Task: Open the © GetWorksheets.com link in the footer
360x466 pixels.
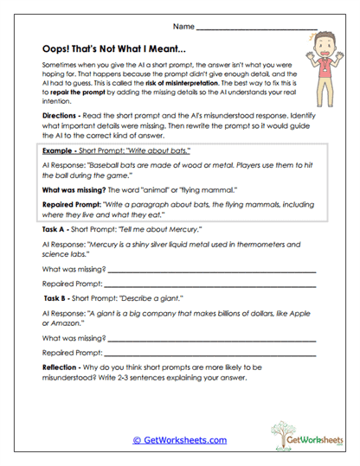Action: point(180,439)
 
